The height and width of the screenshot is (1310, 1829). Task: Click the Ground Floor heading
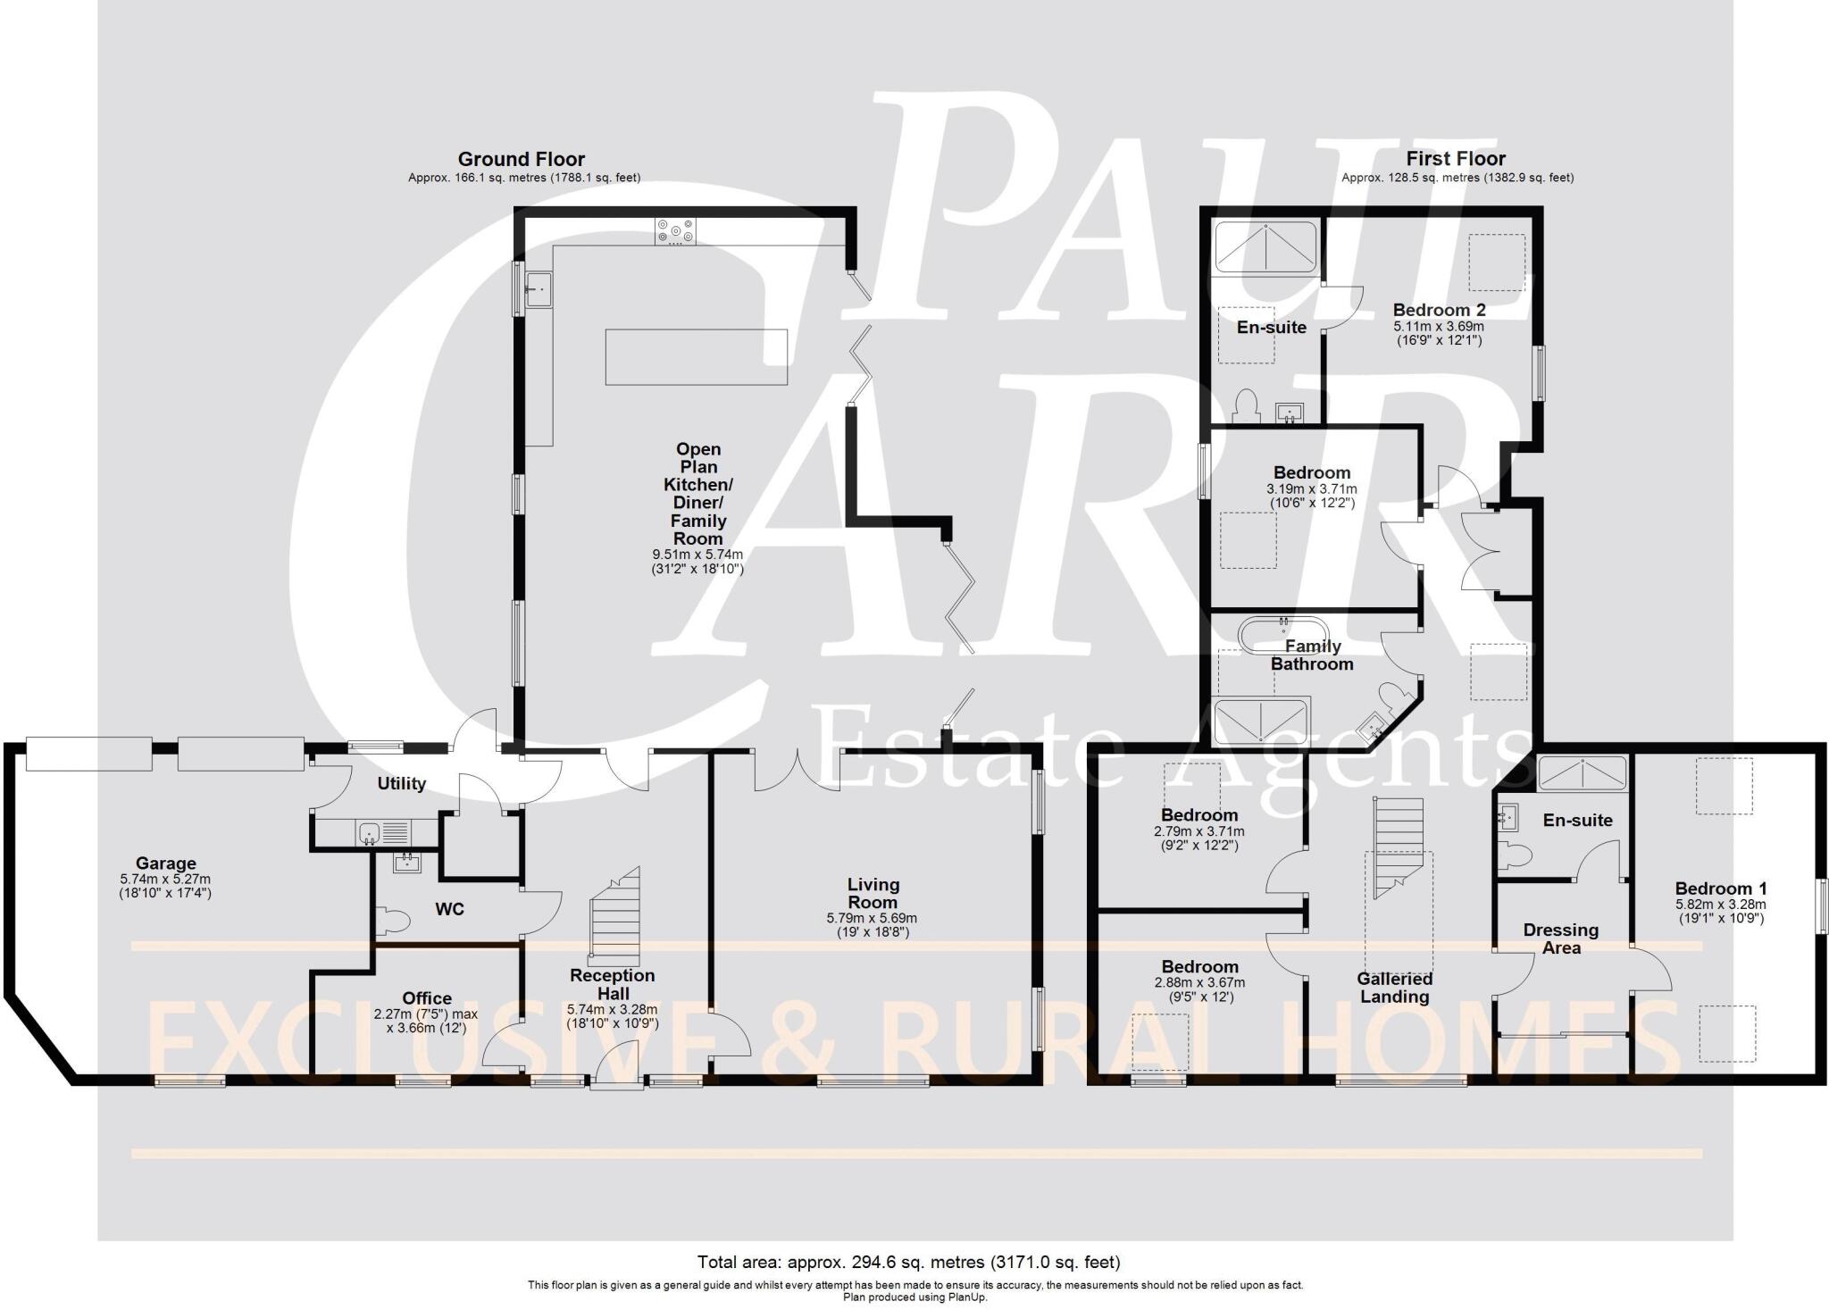521,159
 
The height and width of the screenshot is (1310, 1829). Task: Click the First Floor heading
1456,159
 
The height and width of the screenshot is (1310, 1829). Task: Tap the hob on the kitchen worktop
676,232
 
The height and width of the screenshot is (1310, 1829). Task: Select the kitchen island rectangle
696,357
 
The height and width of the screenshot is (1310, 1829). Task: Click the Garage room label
166,864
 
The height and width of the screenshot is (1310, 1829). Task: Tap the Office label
427,998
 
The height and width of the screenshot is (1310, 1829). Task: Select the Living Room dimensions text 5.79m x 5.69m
872,918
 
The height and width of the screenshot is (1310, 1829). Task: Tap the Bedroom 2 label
1439,310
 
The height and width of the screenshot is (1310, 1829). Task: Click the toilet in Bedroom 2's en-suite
1244,406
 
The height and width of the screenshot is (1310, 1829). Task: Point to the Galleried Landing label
1395,988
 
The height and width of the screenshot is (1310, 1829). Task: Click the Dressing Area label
1561,939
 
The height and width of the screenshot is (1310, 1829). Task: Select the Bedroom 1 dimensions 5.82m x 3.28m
1720,904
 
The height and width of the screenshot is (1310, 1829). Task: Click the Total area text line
908,1262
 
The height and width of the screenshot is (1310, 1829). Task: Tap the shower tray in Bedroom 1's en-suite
1581,773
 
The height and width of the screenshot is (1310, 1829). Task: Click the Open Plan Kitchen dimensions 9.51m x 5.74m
697,555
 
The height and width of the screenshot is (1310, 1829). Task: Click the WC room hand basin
407,864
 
